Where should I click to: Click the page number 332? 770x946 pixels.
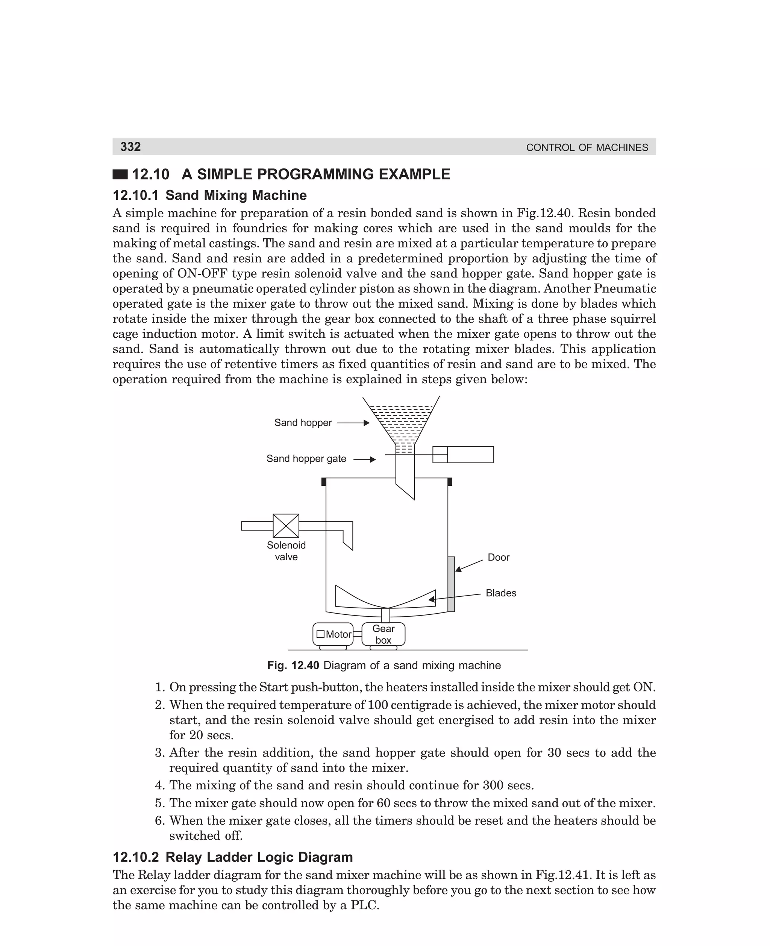[x=130, y=147]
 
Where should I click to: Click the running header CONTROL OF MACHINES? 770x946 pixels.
[x=587, y=148]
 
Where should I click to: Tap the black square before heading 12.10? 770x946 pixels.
[x=120, y=174]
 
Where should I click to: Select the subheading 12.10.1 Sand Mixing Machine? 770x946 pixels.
[x=209, y=195]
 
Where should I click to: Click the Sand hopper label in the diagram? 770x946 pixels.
[x=303, y=423]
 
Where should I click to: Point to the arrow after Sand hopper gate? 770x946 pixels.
[x=365, y=459]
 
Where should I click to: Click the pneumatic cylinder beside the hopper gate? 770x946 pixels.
[x=463, y=455]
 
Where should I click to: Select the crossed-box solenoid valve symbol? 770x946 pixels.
[x=286, y=526]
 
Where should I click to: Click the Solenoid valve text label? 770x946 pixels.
[x=286, y=551]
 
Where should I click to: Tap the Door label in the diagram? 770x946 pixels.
[x=499, y=558]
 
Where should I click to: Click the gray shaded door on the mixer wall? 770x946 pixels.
[x=451, y=584]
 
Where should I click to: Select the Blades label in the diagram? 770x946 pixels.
[x=501, y=593]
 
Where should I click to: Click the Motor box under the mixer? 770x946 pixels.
[x=333, y=634]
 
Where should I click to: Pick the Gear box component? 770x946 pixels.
[x=383, y=634]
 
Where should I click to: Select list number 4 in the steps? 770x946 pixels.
[x=160, y=785]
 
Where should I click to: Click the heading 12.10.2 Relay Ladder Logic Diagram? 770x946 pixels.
[x=233, y=857]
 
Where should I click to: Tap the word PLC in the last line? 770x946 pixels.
[x=363, y=905]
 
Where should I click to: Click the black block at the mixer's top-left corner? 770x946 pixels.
[x=324, y=482]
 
